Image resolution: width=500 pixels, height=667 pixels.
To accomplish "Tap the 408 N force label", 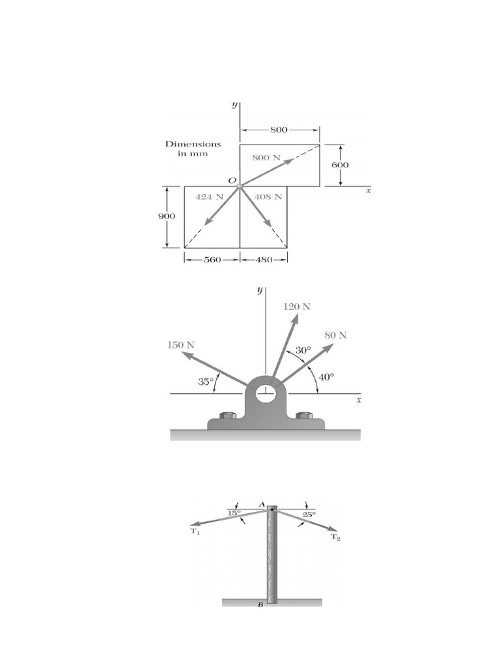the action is (268, 196).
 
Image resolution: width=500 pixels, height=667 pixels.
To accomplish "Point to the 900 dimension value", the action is (167, 217).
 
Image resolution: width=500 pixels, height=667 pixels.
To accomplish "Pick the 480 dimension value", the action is (264, 259).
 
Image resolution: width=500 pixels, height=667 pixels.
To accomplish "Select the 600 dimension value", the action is (339, 165).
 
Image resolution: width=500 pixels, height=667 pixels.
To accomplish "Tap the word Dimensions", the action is (193, 144).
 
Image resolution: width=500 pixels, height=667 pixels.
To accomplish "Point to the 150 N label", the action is (181, 344).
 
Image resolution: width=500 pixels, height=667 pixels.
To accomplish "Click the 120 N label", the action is (297, 305).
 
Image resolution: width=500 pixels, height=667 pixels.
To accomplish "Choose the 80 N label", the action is (335, 335).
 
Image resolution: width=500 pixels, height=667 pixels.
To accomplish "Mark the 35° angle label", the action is (206, 382).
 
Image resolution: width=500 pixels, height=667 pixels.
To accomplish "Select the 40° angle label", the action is (326, 376).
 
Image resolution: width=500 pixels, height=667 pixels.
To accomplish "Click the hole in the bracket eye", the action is (265, 393).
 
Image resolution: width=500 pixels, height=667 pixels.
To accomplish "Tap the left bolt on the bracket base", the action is (227, 415).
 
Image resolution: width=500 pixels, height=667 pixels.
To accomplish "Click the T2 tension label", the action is (335, 537).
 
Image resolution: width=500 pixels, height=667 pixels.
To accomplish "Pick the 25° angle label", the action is (309, 514).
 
